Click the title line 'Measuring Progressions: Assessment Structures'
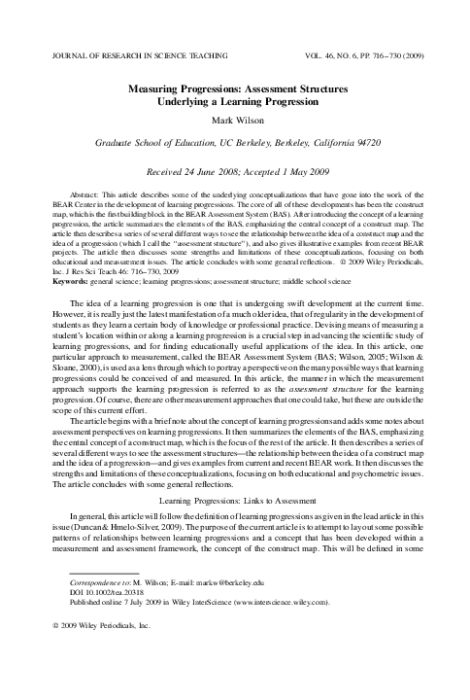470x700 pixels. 235,87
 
